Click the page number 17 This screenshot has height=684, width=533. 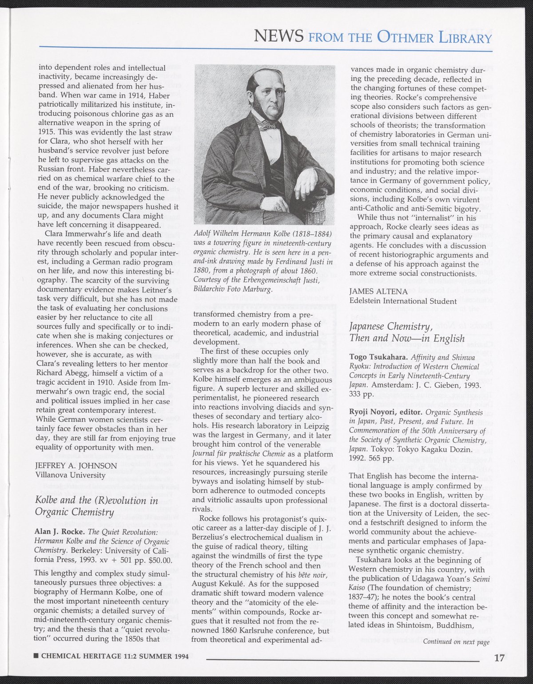[499, 658]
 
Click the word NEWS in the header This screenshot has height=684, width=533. [278, 35]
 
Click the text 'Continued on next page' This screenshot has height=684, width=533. [456, 641]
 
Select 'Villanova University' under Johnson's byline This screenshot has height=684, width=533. [70, 475]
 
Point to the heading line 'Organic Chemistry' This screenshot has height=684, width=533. [75, 512]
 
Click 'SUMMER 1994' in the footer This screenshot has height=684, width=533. [160, 656]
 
